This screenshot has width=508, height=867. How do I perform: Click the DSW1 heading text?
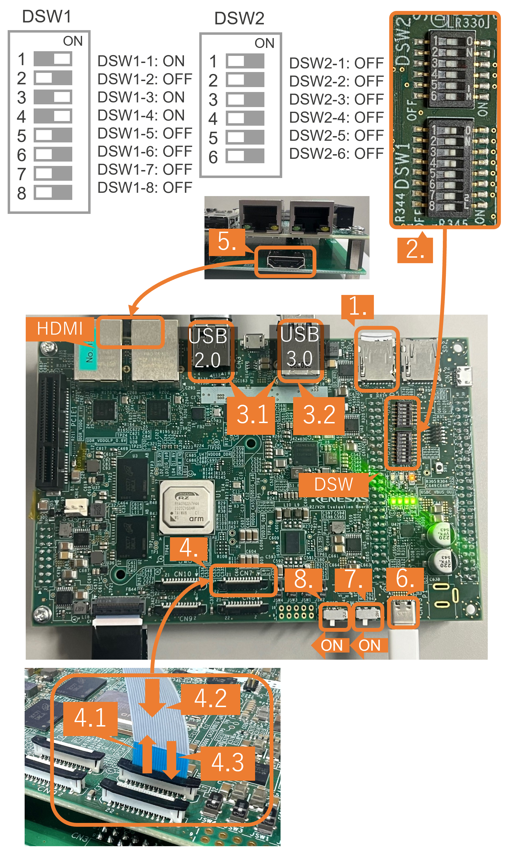pyautogui.click(x=47, y=16)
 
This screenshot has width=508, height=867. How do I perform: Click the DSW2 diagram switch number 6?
pyautogui.click(x=245, y=156)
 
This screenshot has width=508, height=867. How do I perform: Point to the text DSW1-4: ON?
pyautogui.click(x=141, y=115)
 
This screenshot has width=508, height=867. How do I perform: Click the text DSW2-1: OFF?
pyautogui.click(x=336, y=63)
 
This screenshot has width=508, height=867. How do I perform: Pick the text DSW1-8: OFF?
pyautogui.click(x=145, y=188)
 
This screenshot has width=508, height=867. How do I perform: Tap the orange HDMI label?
pyautogui.click(x=60, y=329)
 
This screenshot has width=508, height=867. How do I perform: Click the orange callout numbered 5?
pyautogui.click(x=227, y=242)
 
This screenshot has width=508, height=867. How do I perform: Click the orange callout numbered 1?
pyautogui.click(x=357, y=306)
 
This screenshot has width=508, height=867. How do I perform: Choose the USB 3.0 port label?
pyautogui.click(x=299, y=346)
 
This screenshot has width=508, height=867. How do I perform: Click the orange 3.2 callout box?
pyautogui.click(x=319, y=415)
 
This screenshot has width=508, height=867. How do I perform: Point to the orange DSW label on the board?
pyautogui.click(x=333, y=485)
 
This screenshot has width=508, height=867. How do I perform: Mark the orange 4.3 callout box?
pyautogui.click(x=228, y=762)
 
